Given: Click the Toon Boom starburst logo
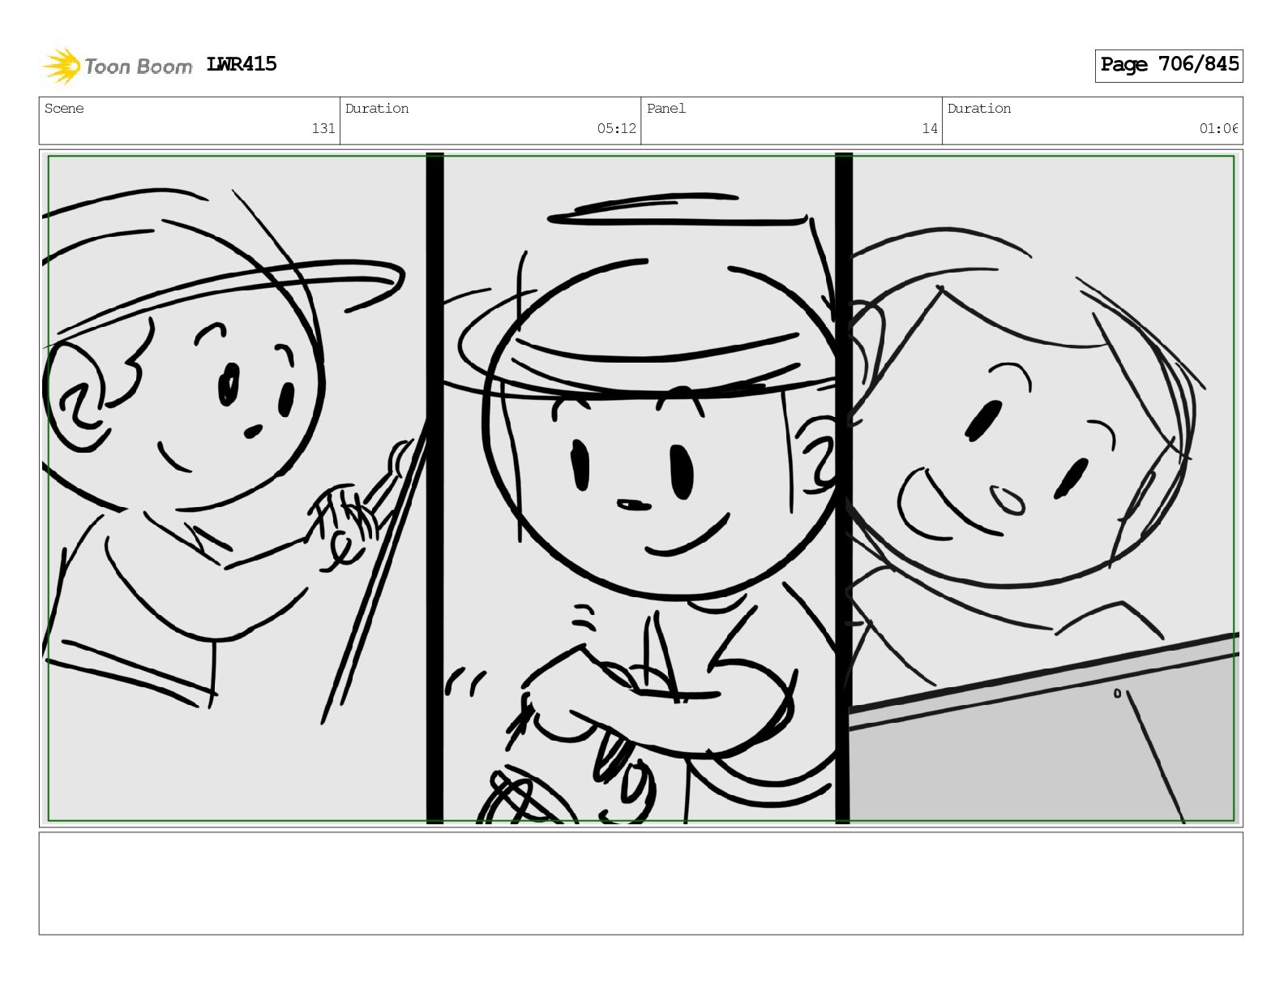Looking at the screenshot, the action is pyautogui.click(x=62, y=67).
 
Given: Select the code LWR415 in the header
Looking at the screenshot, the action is pyautogui.click(x=241, y=64).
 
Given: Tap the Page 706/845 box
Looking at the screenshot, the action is pyautogui.click(x=1168, y=66).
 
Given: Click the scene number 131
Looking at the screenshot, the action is pyautogui.click(x=323, y=128).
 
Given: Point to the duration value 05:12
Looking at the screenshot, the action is pyautogui.click(x=616, y=128).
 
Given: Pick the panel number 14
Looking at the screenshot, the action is pyautogui.click(x=930, y=128).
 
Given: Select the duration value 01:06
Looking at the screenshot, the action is pyautogui.click(x=1218, y=128).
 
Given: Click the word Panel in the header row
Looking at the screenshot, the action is pyautogui.click(x=666, y=108).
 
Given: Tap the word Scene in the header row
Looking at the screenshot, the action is pyautogui.click(x=64, y=108).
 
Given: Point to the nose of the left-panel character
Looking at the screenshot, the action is pyautogui.click(x=253, y=431).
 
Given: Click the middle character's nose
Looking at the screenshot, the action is pyautogui.click(x=633, y=505).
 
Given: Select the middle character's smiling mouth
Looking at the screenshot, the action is pyautogui.click(x=688, y=537).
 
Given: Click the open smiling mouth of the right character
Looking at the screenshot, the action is pyautogui.click(x=945, y=505).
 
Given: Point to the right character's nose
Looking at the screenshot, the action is pyautogui.click(x=1008, y=501).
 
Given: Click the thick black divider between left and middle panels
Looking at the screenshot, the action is pyautogui.click(x=434, y=488).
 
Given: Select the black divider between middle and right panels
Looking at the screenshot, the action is pyautogui.click(x=843, y=488).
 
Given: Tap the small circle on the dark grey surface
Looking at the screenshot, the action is pyautogui.click(x=1117, y=693).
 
